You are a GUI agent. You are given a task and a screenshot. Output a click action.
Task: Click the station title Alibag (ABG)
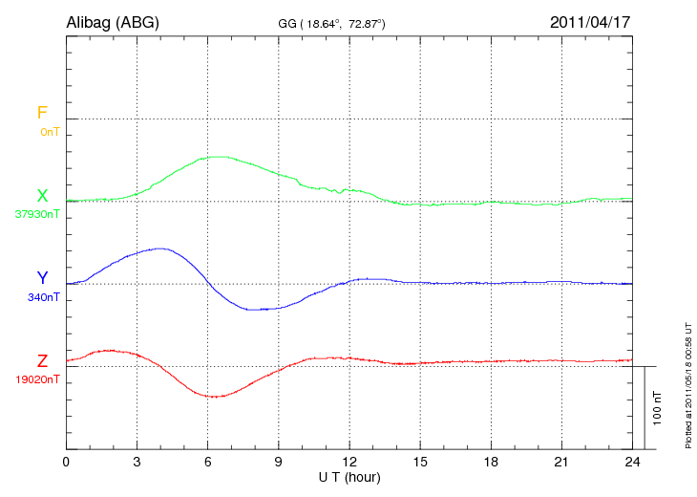coord(113,21)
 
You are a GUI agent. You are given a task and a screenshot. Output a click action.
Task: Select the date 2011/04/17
coord(591,21)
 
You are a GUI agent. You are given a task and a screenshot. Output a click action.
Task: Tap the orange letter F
coord(42,113)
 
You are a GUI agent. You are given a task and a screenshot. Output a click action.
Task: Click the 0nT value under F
coord(50,131)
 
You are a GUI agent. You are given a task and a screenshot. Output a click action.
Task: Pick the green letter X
coord(42,196)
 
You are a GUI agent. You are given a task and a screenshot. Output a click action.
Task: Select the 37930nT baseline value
coord(36,214)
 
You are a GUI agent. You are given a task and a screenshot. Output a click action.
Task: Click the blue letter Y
coord(42,278)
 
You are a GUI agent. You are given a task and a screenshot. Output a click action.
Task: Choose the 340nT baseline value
coord(44,296)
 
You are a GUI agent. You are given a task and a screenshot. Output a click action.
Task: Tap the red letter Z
coord(42,361)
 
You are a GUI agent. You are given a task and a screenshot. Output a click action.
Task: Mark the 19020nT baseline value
coord(36,379)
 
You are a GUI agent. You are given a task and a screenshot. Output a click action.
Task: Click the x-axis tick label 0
coord(66,462)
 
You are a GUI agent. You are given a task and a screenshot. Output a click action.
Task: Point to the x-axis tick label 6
coord(207,462)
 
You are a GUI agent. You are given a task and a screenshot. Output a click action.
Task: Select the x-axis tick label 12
coord(348,462)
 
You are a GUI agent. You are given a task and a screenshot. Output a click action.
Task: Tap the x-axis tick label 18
coord(490,462)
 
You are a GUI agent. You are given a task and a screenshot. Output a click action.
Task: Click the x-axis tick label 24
coord(631,462)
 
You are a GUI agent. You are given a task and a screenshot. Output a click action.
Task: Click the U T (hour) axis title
coord(348,476)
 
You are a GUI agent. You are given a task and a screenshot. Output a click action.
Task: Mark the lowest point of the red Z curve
coord(215,396)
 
